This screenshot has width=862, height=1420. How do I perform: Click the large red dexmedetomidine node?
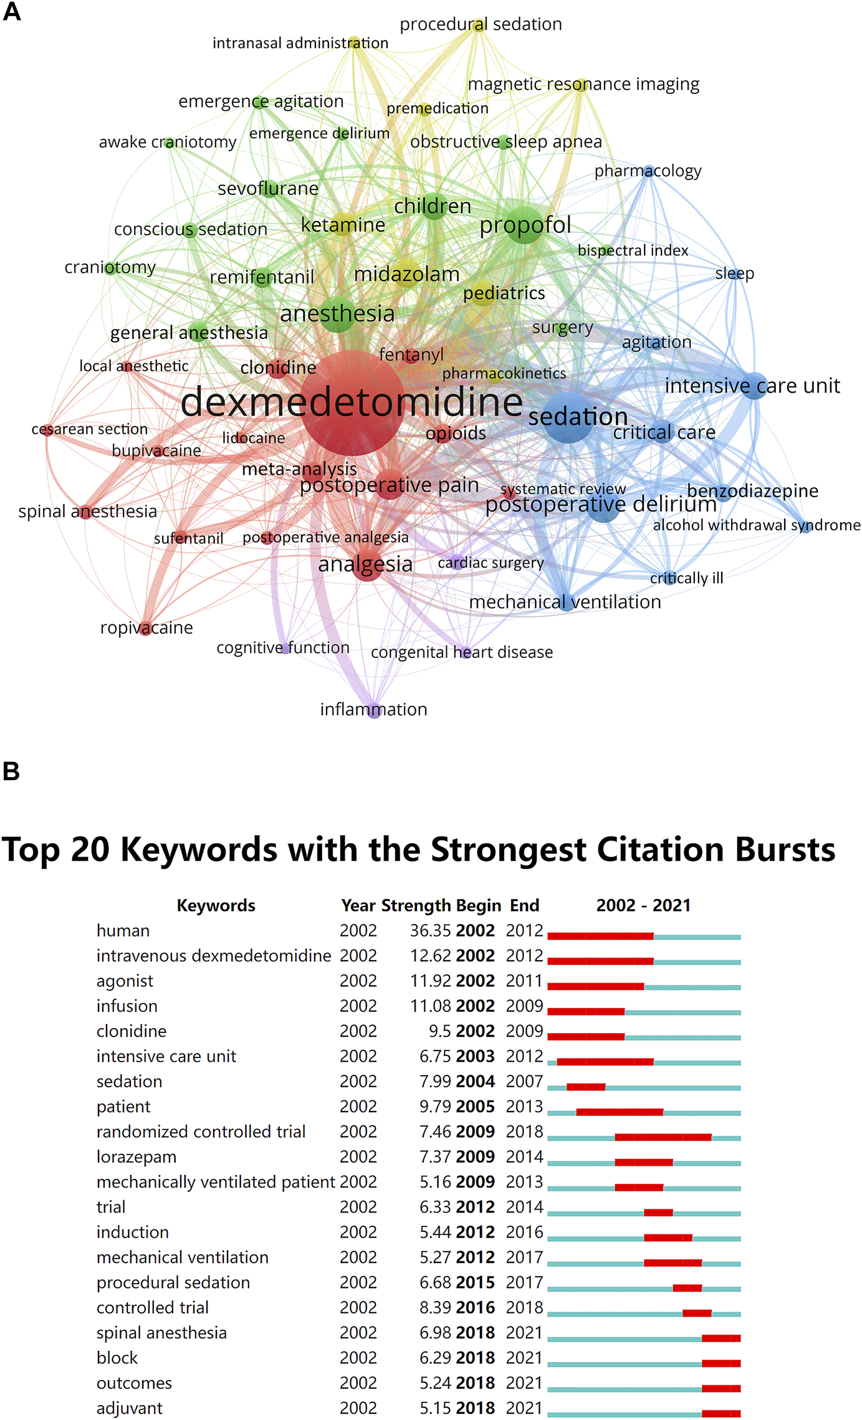tap(351, 403)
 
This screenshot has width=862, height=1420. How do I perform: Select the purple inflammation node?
tap(374, 711)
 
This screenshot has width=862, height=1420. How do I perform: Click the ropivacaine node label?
tap(146, 627)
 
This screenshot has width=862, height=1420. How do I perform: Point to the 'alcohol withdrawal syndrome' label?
tap(756, 525)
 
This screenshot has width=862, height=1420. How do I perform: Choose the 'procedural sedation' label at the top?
tap(481, 24)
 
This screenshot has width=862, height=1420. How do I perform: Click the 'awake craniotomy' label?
tap(168, 142)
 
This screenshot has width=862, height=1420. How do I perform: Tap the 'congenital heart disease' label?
tap(462, 652)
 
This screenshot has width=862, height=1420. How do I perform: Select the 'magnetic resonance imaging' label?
tap(583, 84)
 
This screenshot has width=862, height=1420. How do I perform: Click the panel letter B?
tap(11, 771)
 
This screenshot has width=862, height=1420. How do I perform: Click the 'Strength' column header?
tap(416, 905)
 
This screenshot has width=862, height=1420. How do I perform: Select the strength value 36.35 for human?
tap(430, 931)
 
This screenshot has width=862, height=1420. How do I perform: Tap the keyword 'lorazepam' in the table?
tap(136, 1157)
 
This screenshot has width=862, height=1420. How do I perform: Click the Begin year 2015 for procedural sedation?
tap(475, 1283)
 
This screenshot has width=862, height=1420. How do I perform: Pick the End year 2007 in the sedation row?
tap(524, 1082)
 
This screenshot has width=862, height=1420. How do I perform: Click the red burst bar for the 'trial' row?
tap(658, 1213)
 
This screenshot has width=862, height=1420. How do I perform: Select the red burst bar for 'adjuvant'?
tap(721, 1414)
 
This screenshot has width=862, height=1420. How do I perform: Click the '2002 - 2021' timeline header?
tap(643, 905)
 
